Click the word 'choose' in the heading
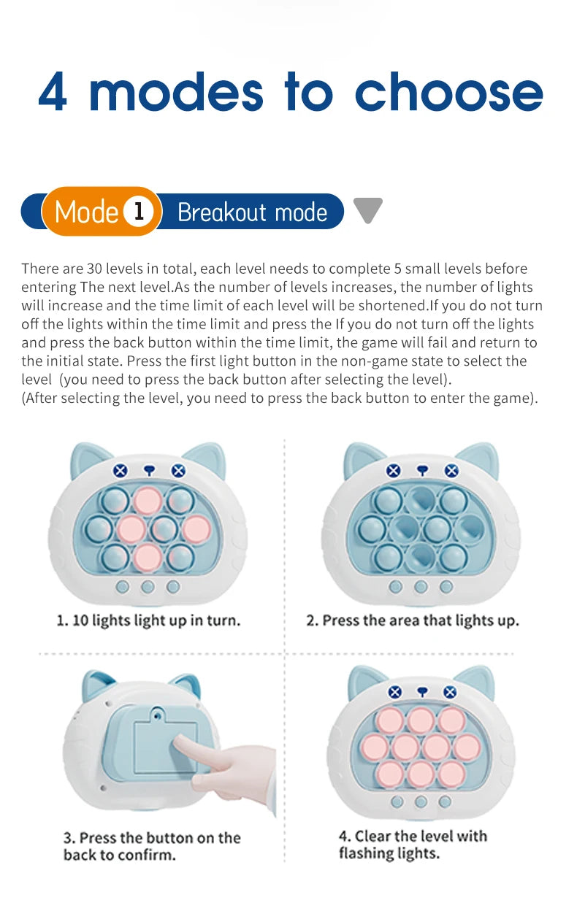point(448,92)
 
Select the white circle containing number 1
point(138,212)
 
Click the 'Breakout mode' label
point(252,212)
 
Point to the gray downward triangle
point(367,209)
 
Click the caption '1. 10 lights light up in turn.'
point(148,621)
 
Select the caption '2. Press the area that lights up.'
point(413,621)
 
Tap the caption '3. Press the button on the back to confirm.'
point(152,846)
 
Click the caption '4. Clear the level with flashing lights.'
point(413,845)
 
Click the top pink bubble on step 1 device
point(148,501)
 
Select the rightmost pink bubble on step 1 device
point(196,528)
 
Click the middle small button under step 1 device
point(148,586)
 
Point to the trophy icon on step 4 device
point(422,691)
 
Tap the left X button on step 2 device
point(394,471)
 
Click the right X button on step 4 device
point(449,692)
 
